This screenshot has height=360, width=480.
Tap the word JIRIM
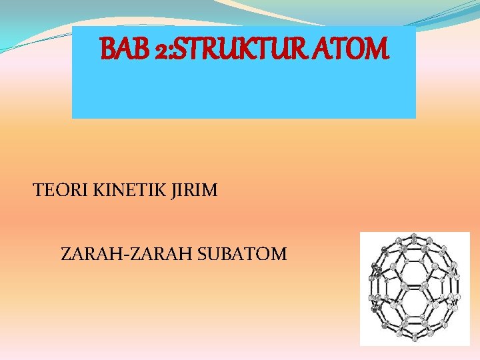click(x=194, y=191)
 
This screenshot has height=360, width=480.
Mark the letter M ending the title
click(x=374, y=48)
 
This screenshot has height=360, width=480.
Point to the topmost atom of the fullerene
click(x=414, y=237)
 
